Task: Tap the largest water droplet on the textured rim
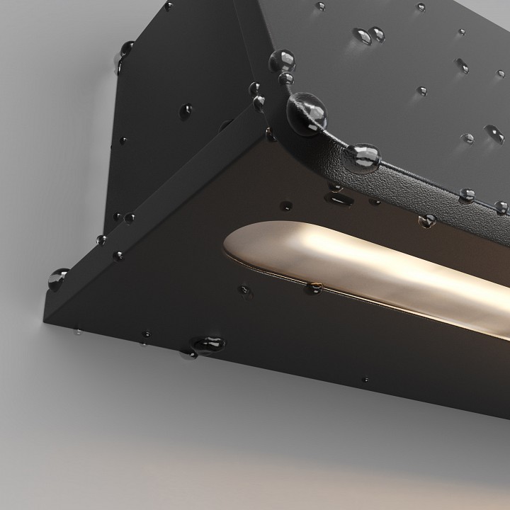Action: [307, 113]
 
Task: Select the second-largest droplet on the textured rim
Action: [363, 155]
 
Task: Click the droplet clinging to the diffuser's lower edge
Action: [312, 288]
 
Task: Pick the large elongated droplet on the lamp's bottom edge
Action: [208, 345]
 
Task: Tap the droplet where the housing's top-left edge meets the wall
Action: [126, 50]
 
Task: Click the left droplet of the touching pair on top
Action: [363, 35]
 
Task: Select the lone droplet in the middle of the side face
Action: [186, 110]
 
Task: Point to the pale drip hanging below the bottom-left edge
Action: [76, 331]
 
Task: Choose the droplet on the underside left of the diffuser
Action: [244, 289]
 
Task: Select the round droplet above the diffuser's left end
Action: [285, 206]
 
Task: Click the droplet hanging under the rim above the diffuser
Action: [426, 220]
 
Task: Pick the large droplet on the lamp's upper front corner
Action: [283, 60]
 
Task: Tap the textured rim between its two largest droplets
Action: [336, 138]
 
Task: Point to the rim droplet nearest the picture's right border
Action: [501, 207]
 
